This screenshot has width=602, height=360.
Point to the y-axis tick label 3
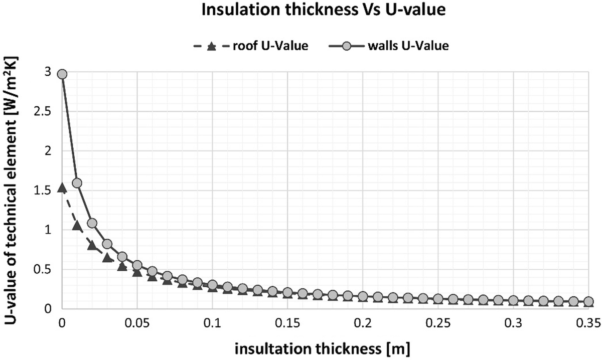pos(48,72)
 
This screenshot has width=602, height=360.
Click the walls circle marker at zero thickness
pos(62,74)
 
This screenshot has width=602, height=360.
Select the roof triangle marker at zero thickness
pos(62,188)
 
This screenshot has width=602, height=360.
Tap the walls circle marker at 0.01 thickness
pos(77,183)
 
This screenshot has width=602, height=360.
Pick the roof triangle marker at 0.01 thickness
pos(77,226)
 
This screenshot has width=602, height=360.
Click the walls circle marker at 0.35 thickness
pos(588,302)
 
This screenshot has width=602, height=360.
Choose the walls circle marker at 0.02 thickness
pos(92,223)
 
